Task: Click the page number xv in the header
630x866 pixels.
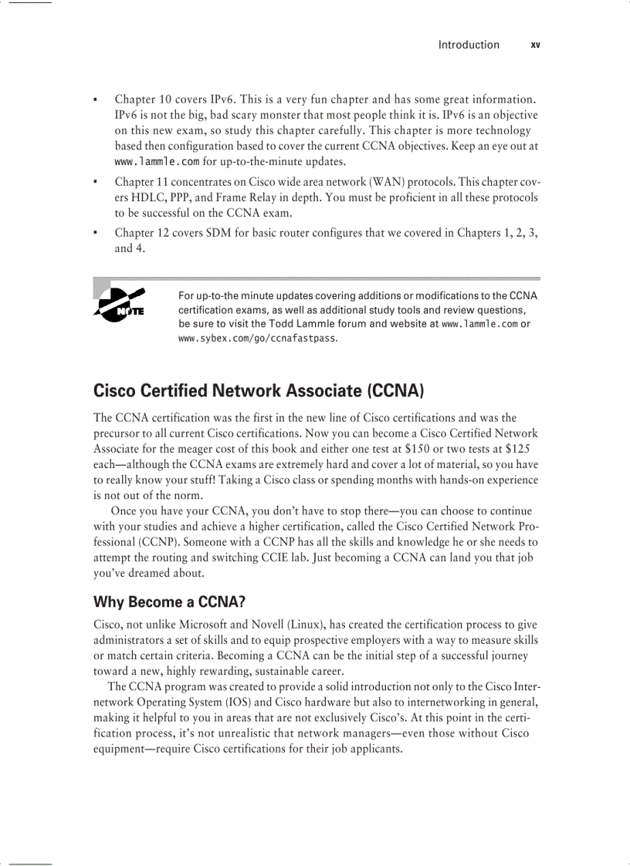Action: point(535,45)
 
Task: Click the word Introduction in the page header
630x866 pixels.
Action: point(469,45)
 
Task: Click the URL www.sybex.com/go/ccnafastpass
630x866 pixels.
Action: point(257,338)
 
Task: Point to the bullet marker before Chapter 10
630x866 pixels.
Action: point(95,100)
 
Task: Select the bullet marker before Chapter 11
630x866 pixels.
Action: point(95,183)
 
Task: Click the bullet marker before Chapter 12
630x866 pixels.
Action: point(95,233)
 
